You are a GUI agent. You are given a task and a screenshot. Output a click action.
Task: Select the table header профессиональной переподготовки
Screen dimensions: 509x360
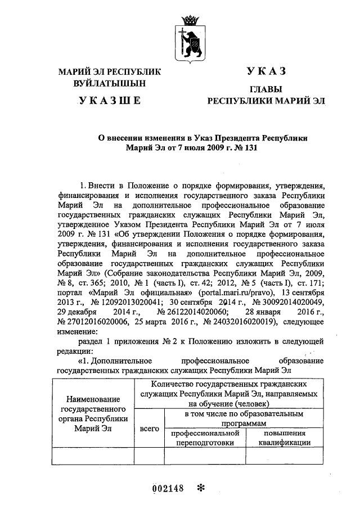coord(205,438)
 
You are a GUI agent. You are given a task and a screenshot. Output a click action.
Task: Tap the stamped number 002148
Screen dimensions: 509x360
coord(169,488)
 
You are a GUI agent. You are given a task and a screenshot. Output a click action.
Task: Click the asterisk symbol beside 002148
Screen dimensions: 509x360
coord(199,488)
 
